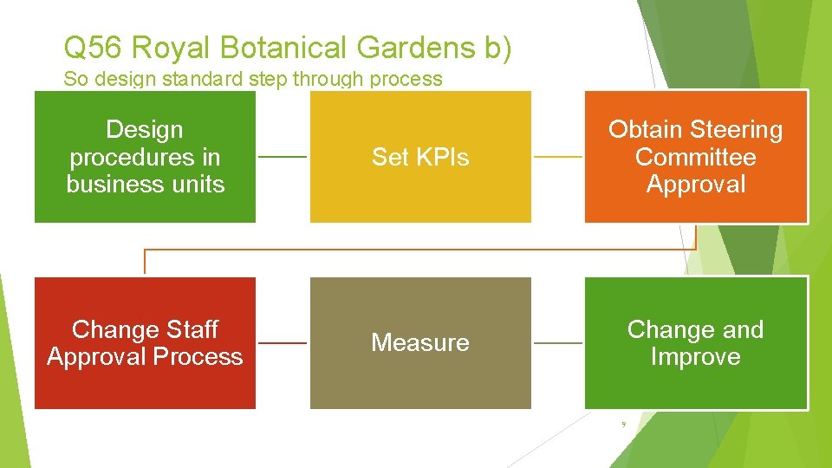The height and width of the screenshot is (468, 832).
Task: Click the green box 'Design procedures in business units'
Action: pos(145,157)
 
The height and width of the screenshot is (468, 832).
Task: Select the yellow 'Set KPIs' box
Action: pos(420,157)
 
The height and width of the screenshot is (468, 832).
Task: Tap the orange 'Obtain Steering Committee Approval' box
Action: pos(695,157)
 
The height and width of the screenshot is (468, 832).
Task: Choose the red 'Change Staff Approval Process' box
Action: pos(145,343)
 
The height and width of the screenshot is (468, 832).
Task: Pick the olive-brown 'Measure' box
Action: pos(420,343)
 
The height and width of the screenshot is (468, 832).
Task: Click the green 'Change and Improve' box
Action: pos(695,343)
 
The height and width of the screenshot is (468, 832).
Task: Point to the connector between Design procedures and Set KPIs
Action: pos(283,157)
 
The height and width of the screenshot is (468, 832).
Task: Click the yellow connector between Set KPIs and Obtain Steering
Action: pos(557,157)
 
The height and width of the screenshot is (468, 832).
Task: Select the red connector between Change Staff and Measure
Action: pos(283,343)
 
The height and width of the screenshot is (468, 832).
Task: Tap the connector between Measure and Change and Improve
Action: pos(557,343)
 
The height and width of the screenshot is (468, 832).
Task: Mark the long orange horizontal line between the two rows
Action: pos(420,250)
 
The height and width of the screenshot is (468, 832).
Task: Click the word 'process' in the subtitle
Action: pos(406,79)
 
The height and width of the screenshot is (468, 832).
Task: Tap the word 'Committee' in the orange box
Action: pos(695,157)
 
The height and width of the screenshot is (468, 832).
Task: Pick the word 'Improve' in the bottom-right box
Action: pos(695,357)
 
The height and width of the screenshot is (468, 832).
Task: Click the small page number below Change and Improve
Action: pos(622,424)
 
